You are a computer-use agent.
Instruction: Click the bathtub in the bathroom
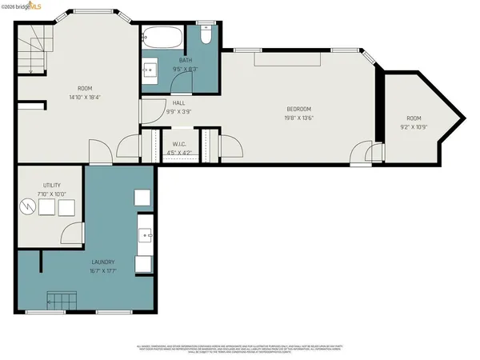[163, 36]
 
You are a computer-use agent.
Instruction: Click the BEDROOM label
[298, 109]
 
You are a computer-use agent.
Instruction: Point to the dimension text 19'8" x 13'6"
[298, 117]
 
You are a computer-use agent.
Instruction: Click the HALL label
[180, 103]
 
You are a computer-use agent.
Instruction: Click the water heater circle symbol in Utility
[29, 207]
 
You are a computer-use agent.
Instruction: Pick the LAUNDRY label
[102, 262]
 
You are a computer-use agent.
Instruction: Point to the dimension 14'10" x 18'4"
[85, 97]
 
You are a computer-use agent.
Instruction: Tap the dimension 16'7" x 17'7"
[102, 271]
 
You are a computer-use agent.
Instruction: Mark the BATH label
[186, 61]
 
